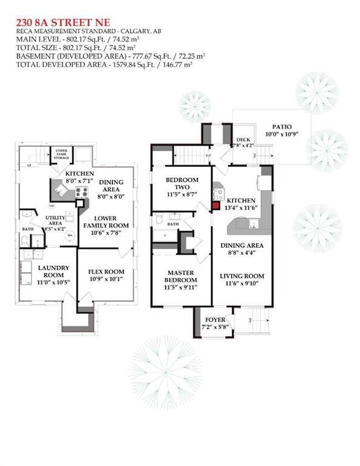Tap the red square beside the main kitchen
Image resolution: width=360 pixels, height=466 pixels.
tap(215, 204)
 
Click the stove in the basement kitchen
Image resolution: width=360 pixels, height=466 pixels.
tap(80, 193)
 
